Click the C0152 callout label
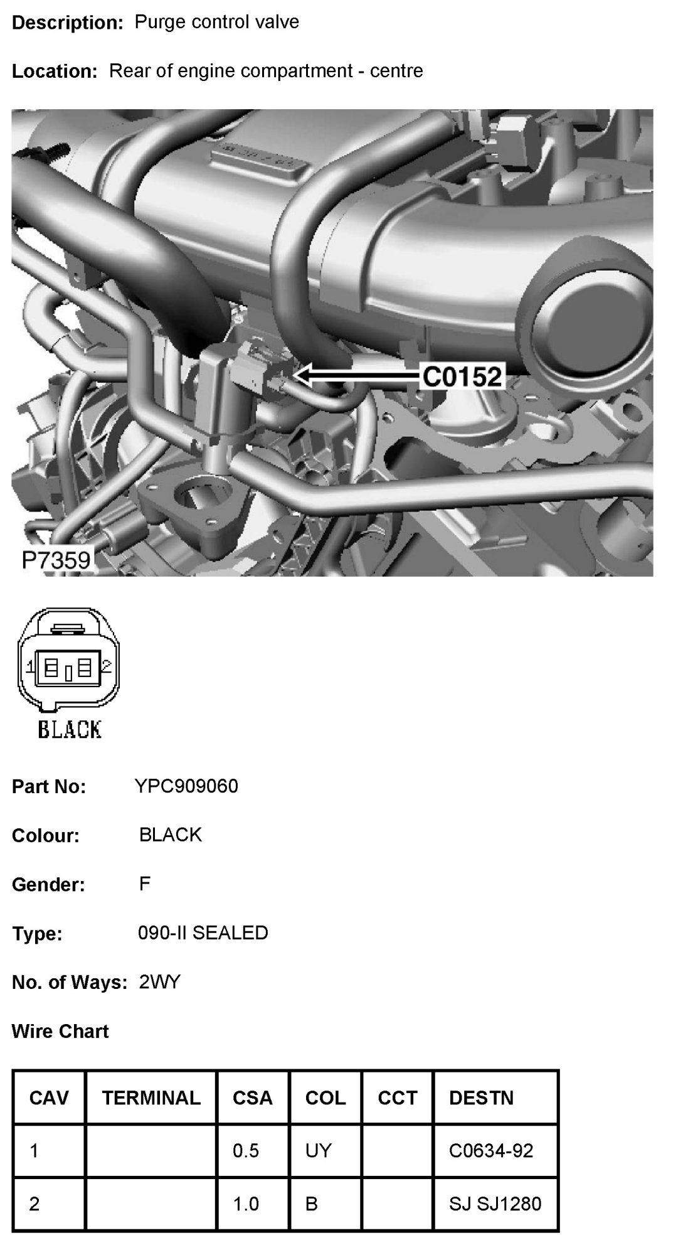(462, 376)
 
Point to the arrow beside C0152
(357, 376)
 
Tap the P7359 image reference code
(56, 560)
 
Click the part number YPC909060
(186, 786)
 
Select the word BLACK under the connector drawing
(70, 729)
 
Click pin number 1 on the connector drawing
(29, 666)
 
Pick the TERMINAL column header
(151, 1097)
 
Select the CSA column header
(252, 1097)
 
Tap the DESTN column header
(481, 1097)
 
